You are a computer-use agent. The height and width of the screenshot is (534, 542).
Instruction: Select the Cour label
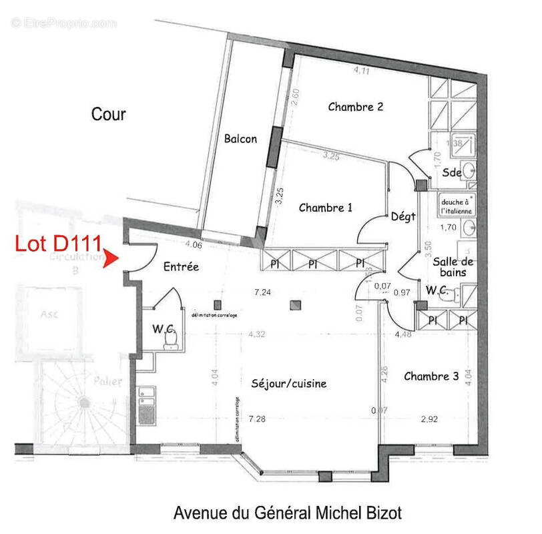[108, 115]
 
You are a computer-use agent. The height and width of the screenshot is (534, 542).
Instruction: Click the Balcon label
[241, 139]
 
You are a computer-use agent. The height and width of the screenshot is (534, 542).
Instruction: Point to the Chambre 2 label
[355, 106]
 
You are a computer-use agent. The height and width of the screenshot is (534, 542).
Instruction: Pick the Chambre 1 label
[325, 208]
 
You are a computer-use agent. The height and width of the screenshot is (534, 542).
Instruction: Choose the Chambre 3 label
[431, 376]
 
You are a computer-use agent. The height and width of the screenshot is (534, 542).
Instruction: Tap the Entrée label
[181, 266]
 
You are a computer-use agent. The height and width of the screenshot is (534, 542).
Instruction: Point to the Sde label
[452, 172]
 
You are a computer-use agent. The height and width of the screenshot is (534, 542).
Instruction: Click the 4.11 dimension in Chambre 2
[362, 69]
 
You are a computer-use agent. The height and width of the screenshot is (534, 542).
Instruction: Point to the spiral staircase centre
[85, 403]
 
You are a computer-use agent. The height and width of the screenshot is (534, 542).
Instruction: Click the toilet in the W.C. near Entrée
[172, 340]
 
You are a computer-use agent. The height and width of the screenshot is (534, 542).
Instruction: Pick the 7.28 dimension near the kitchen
[256, 419]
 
